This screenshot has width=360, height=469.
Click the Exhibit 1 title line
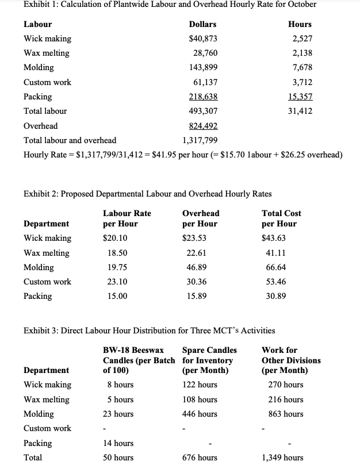(170, 5)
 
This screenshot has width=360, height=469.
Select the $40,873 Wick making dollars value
(203, 39)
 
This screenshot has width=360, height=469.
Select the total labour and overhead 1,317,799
(200, 140)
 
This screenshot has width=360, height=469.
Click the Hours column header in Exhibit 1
(300, 24)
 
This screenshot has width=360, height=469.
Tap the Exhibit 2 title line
(148, 193)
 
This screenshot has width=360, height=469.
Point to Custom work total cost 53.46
(274, 282)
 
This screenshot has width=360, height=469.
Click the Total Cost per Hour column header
(281, 218)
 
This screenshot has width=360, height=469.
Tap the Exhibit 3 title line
(149, 330)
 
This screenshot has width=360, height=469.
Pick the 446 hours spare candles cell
(200, 414)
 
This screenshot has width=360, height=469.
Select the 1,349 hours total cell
(282, 458)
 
